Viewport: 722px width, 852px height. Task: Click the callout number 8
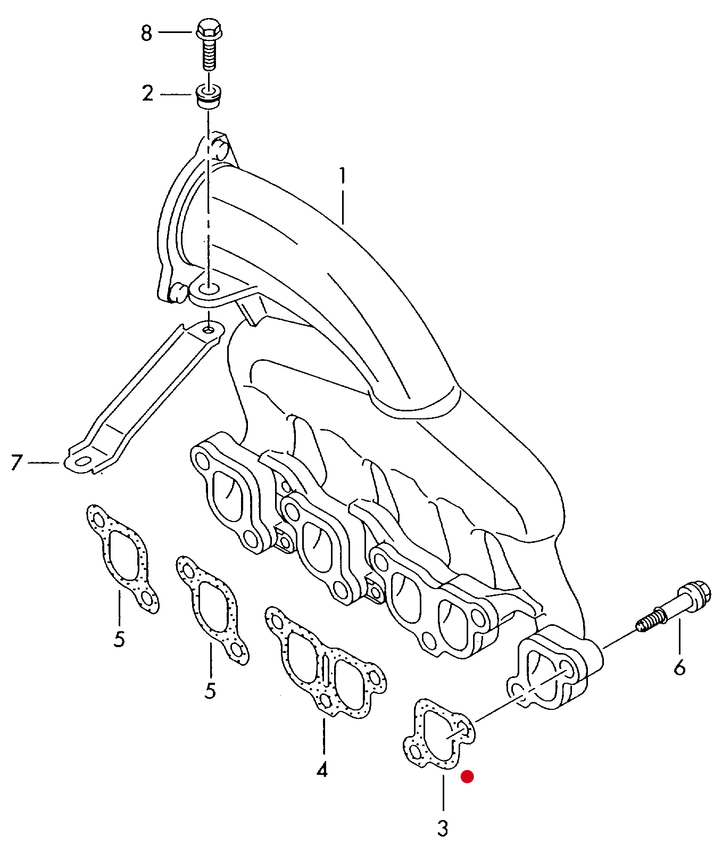146,33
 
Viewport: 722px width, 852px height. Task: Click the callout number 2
147,94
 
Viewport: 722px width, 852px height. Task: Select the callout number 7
17,462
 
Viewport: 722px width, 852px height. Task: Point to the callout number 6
679,667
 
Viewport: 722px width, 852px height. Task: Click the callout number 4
322,770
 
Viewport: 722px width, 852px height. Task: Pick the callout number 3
443,828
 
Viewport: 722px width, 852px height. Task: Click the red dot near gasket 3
467,776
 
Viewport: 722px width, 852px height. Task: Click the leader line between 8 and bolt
174,32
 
